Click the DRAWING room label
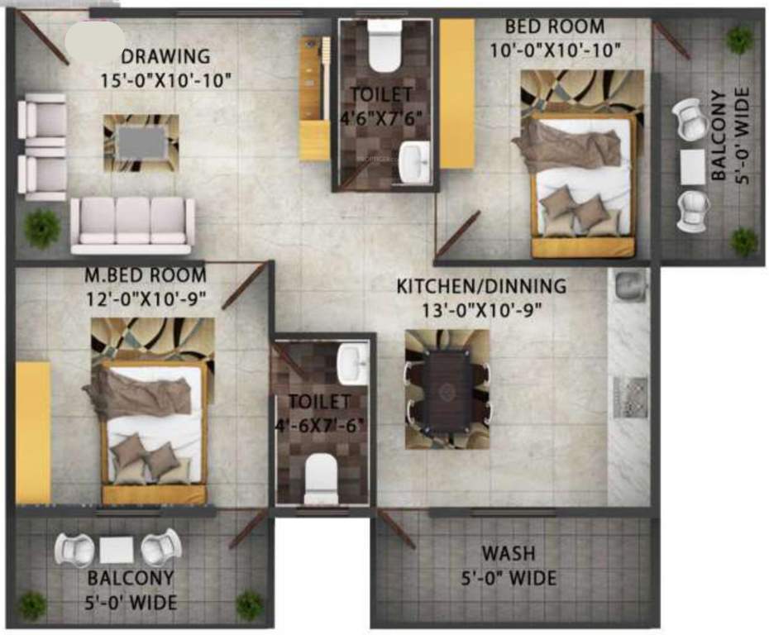pyautogui.click(x=165, y=57)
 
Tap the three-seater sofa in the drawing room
pyautogui.click(x=132, y=224)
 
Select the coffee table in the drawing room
pyautogui.click(x=141, y=142)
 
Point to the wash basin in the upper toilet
pyautogui.click(x=411, y=161)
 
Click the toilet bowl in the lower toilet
pyautogui.click(x=321, y=480)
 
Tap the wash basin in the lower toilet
pyautogui.click(x=352, y=364)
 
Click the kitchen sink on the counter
pyautogui.click(x=628, y=286)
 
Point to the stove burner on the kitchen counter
pyautogui.click(x=629, y=397)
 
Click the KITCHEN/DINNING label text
pyautogui.click(x=481, y=287)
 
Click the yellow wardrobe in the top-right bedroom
pyautogui.click(x=456, y=93)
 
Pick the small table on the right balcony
pyautogui.click(x=692, y=166)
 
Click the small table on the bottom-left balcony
pyautogui.click(x=116, y=550)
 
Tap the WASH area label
pyautogui.click(x=509, y=552)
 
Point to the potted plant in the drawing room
pyautogui.click(x=42, y=228)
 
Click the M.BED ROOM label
pyautogui.click(x=145, y=275)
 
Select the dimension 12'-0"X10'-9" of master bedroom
pyautogui.click(x=145, y=297)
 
